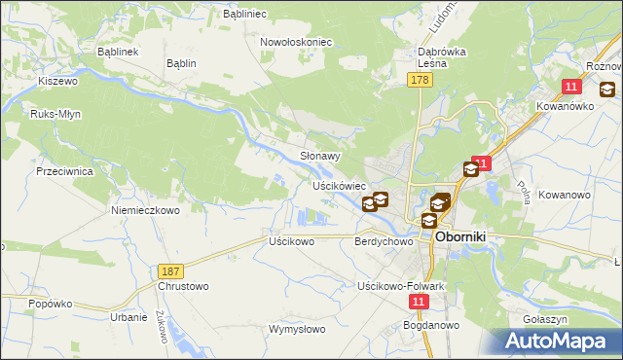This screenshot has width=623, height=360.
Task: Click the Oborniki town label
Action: click(x=466, y=236)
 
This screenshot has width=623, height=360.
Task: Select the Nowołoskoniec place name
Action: click(x=297, y=42)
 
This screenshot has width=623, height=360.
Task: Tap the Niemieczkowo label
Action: click(x=146, y=209)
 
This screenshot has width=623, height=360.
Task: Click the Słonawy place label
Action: click(x=319, y=156)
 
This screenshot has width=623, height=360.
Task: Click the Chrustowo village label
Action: click(x=183, y=287)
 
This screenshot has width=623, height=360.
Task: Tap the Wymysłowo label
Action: click(x=297, y=329)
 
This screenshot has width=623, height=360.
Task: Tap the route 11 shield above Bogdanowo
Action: click(x=418, y=303)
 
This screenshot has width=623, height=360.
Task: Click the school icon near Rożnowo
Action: click(x=607, y=90)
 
